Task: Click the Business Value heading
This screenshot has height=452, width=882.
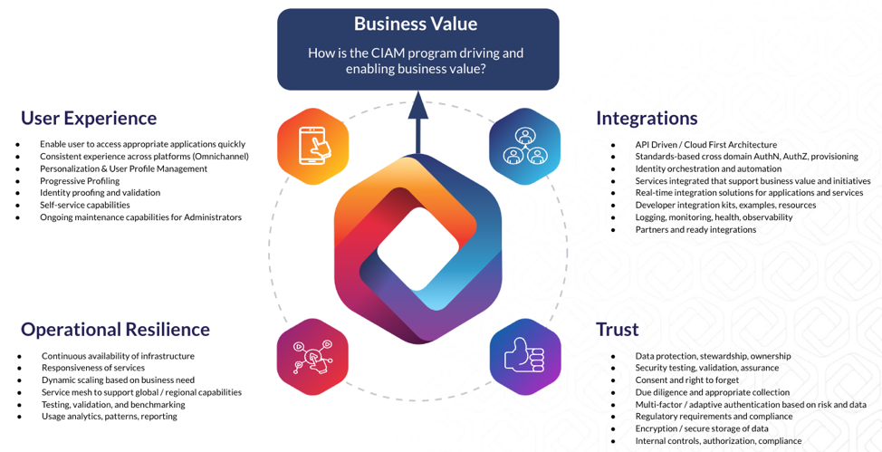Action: click(416, 24)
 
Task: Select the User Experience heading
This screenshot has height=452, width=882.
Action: click(89, 118)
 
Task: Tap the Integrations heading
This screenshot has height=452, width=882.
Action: click(647, 118)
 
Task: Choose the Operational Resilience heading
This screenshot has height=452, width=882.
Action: click(115, 329)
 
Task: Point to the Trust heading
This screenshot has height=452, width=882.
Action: click(617, 329)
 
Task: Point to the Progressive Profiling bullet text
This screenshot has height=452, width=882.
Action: click(79, 180)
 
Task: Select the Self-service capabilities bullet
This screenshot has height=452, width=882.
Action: click(84, 205)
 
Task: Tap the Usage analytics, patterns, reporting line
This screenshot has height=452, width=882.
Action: click(110, 416)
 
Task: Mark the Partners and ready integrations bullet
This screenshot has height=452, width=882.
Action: click(695, 229)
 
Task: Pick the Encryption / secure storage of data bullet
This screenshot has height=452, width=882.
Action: click(702, 428)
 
